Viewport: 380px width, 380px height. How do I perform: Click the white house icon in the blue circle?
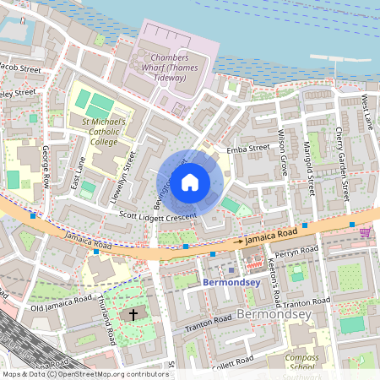(190, 182)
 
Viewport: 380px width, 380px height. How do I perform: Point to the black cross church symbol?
(132, 315)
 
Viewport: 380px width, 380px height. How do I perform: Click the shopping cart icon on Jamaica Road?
(365, 231)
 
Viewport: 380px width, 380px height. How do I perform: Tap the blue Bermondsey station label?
(231, 282)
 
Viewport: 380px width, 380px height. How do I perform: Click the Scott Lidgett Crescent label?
(158, 216)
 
